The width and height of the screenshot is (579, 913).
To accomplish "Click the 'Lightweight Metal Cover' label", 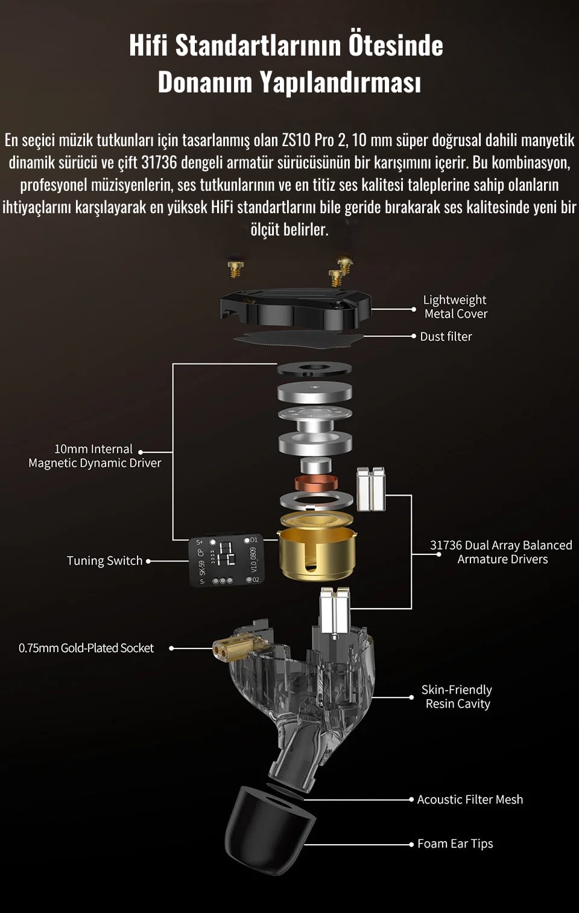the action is click(455, 307).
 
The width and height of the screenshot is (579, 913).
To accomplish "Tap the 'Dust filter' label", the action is click(446, 337).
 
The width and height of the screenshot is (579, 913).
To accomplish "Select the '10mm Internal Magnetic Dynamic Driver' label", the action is click(95, 456).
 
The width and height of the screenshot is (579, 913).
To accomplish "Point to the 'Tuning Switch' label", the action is click(105, 561).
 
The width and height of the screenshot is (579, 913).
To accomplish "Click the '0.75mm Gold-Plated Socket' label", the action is click(86, 648).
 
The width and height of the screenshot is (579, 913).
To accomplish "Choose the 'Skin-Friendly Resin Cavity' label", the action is click(457, 697).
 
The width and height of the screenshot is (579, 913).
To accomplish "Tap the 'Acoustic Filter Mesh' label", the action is click(470, 799).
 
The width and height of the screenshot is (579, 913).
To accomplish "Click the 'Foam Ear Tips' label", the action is click(455, 844).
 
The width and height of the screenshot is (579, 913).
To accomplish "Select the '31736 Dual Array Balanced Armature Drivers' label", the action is click(502, 553).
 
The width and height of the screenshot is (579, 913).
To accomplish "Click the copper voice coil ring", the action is click(316, 484).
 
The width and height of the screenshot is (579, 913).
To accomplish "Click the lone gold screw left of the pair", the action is click(236, 269).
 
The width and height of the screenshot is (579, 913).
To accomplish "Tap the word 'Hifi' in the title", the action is click(148, 45).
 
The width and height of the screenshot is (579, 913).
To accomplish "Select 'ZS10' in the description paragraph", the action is click(297, 140).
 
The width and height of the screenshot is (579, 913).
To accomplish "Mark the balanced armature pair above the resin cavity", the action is click(335, 610).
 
